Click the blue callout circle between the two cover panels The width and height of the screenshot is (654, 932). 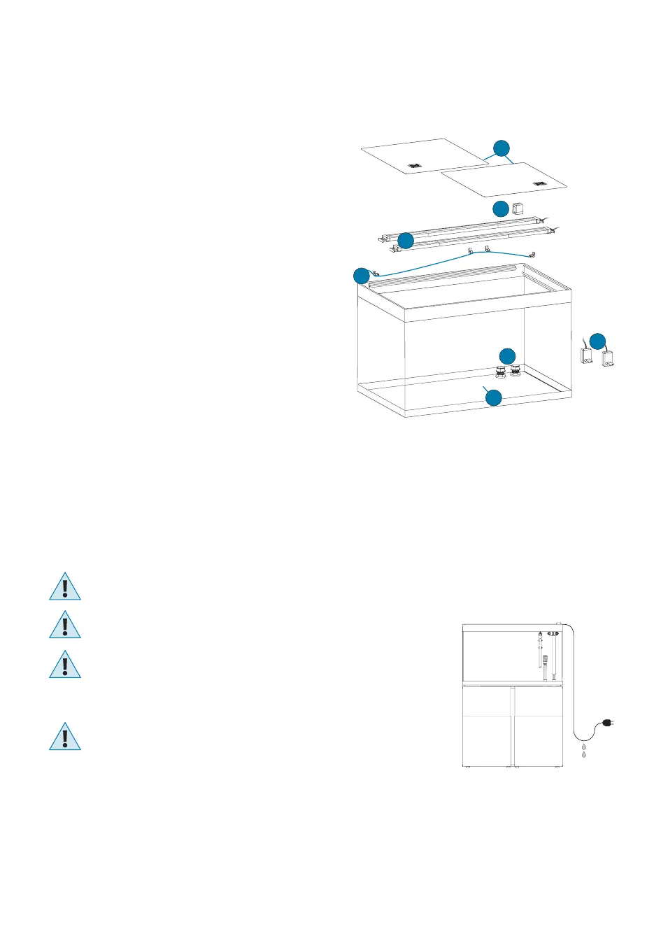pos(501,148)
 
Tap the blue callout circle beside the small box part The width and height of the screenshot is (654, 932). pos(501,209)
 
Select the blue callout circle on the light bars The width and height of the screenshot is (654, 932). pos(406,241)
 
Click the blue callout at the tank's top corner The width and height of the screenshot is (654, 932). pos(361,276)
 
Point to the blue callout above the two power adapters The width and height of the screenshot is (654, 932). pos(597,341)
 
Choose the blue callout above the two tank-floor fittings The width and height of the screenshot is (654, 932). pos(507,355)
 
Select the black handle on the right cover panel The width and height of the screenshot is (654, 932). pos(539,183)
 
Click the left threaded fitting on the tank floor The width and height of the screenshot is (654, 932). pos(502,371)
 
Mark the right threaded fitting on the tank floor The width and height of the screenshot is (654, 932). pos(516,370)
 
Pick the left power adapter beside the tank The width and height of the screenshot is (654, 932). pos(586,355)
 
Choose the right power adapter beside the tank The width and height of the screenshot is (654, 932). pos(608,358)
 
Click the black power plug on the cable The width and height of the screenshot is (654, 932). pos(607,724)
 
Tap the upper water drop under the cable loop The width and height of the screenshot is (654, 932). pos(584,748)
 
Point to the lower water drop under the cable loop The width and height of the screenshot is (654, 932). pos(584,756)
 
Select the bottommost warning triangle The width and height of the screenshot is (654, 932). pos(65,737)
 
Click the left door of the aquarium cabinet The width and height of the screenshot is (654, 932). pos(488,728)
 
